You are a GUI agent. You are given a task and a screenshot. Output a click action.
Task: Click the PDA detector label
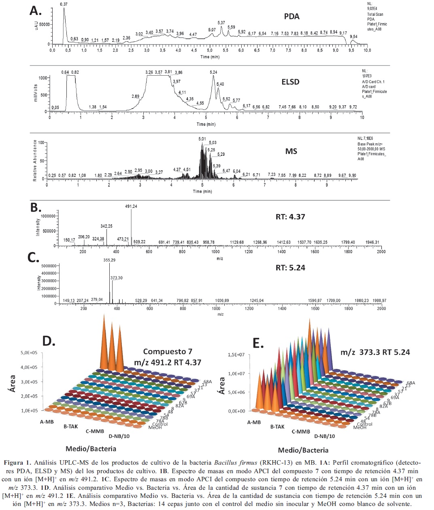[x=291, y=17]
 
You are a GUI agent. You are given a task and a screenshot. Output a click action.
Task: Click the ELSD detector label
[x=290, y=82]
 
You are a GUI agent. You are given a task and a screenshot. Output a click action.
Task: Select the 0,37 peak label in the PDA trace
[x=64, y=4]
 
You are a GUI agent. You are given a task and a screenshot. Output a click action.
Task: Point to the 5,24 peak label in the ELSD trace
[x=213, y=72]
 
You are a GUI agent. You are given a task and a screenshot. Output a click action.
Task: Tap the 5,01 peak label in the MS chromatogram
[x=202, y=139]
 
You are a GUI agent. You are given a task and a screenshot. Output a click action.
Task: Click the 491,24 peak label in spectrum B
[x=131, y=206]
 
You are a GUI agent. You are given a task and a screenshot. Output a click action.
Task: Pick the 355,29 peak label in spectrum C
[x=109, y=260]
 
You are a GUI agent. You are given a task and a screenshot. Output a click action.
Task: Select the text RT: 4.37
[x=290, y=217]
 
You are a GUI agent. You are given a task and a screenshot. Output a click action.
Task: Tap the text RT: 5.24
[x=290, y=268]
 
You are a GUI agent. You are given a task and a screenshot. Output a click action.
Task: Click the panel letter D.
[x=49, y=341]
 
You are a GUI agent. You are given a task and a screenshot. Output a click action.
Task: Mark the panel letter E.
[x=258, y=344]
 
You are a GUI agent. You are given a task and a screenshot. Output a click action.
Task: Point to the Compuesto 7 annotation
[x=168, y=352]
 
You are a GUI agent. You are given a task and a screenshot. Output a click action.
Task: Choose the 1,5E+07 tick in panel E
[x=236, y=355]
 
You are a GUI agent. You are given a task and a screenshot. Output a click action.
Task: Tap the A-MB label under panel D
[x=47, y=422]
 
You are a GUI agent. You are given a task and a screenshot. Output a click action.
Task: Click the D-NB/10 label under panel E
[x=325, y=436]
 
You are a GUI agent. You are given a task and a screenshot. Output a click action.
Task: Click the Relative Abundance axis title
[x=35, y=160]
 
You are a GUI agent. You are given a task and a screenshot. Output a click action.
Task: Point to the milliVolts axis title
[x=36, y=93]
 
